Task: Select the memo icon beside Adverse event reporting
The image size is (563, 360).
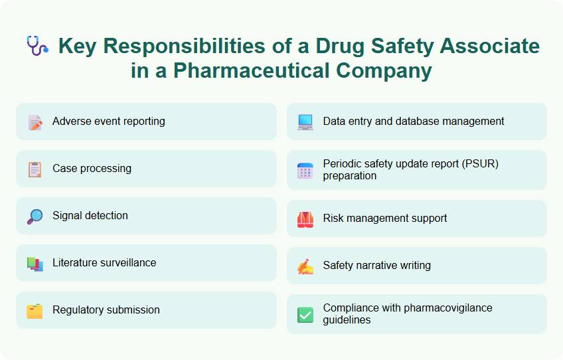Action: pyautogui.click(x=35, y=122)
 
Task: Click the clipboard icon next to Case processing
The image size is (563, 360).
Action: pyautogui.click(x=35, y=169)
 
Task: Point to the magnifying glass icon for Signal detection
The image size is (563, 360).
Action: pyautogui.click(x=35, y=217)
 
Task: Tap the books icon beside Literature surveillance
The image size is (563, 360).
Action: pyautogui.click(x=35, y=264)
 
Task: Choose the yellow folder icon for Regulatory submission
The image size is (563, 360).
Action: pyautogui.click(x=35, y=311)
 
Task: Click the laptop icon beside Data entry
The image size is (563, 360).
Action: pyautogui.click(x=305, y=122)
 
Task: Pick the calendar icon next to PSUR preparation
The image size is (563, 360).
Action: pyautogui.click(x=305, y=171)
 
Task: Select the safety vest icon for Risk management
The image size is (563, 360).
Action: pyautogui.click(x=305, y=219)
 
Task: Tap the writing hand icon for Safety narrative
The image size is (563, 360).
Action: pyautogui.click(x=305, y=266)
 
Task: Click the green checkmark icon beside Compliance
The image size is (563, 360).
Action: pyautogui.click(x=305, y=315)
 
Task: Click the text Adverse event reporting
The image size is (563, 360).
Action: pyautogui.click(x=109, y=122)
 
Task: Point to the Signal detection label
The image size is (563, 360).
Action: pyautogui.click(x=90, y=216)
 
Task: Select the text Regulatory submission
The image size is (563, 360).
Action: pyautogui.click(x=106, y=310)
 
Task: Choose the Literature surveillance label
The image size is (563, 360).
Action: pyautogui.click(x=104, y=263)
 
